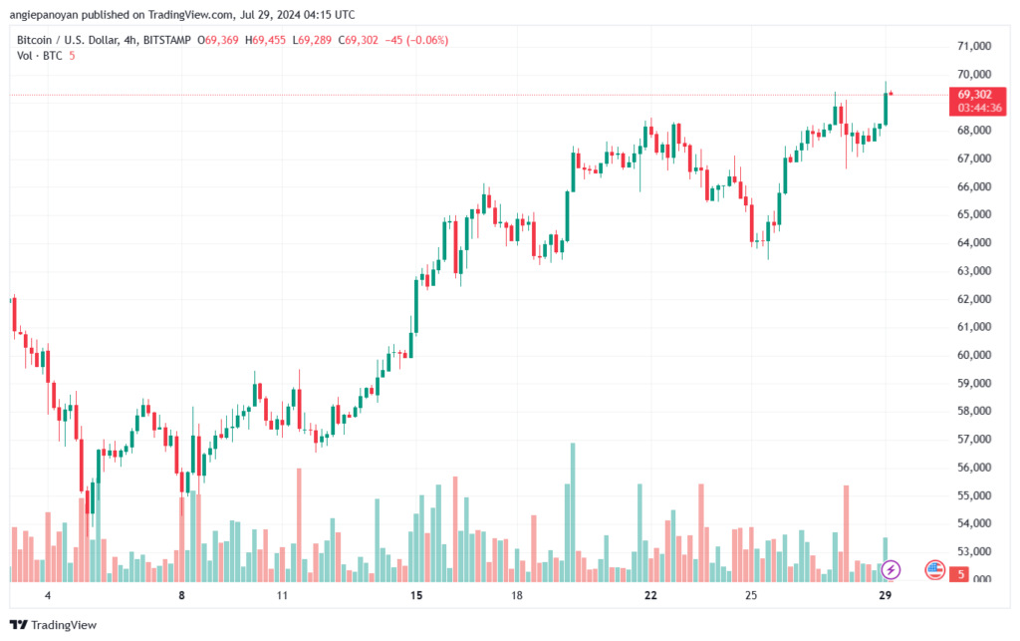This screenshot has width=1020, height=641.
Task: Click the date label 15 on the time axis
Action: [416, 595]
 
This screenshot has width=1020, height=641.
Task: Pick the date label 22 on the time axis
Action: [650, 595]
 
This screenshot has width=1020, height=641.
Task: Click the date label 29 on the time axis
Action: [886, 595]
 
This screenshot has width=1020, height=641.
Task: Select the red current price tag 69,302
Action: [974, 94]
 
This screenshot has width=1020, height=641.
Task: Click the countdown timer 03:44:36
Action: [974, 107]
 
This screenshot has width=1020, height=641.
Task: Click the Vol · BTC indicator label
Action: [40, 56]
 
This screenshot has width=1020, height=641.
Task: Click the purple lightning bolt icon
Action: [892, 569]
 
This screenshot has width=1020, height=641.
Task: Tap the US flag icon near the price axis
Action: [934, 570]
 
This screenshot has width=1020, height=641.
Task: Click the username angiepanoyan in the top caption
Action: [50, 15]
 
